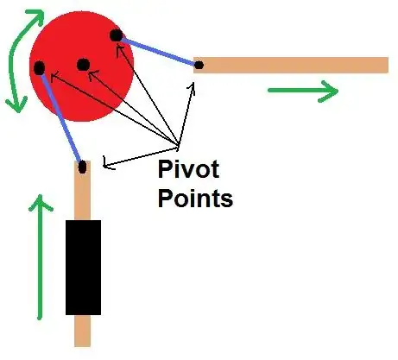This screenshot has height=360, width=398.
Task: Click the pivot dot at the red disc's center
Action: pos(83,64)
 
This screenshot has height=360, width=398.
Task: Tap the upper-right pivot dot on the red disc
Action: pos(115,35)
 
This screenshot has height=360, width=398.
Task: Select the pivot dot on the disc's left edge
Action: pos(39,66)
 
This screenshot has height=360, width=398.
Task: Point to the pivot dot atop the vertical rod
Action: pos(82,167)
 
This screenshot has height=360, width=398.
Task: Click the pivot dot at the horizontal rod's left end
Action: pos(199,64)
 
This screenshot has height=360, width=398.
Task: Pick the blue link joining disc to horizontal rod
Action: pos(157,50)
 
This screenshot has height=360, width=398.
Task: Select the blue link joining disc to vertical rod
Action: pos(61,118)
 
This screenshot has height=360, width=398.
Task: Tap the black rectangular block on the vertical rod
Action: pos(83,267)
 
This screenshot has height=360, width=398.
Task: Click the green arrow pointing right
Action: pos(302,90)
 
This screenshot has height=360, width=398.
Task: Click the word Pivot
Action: pos(188,168)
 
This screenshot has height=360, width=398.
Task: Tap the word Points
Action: pos(195,199)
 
